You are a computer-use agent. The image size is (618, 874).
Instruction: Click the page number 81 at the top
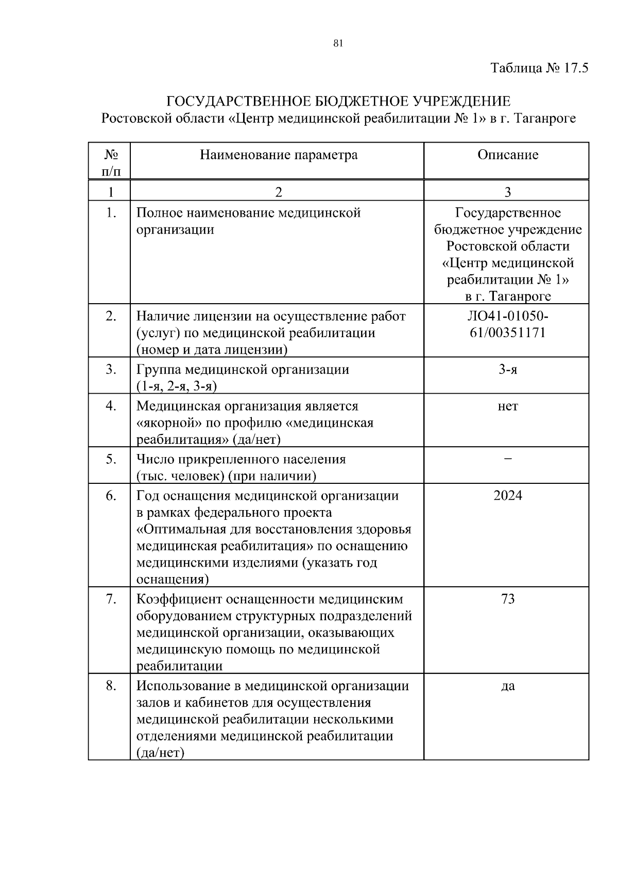coord(338,43)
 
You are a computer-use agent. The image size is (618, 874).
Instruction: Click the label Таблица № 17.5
coord(539,68)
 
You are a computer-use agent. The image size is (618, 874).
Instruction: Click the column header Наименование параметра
coord(279,155)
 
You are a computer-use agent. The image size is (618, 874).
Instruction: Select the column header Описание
coord(507,155)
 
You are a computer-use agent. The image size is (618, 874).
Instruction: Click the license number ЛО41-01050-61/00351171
coord(507,324)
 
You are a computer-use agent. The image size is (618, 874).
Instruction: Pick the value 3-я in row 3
coord(507,370)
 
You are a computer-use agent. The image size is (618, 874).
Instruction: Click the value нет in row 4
coord(507,406)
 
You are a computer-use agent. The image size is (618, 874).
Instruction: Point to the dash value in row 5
coord(507,459)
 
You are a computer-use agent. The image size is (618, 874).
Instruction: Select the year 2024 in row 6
coord(507,496)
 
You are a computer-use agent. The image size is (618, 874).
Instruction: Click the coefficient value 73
coord(507,599)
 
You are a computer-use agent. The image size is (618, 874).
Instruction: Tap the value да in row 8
coord(507,686)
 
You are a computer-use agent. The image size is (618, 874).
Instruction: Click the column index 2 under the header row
coord(279,193)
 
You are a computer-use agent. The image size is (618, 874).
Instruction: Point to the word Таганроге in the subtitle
coord(545,118)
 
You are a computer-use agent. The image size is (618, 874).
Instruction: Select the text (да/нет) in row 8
coord(160,753)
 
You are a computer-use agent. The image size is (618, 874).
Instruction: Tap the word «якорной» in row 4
coord(168,423)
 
